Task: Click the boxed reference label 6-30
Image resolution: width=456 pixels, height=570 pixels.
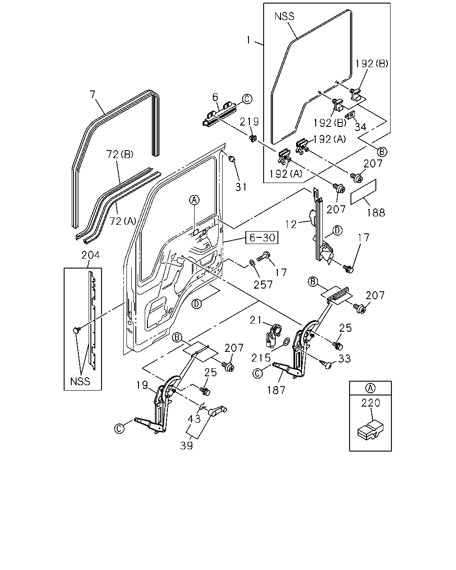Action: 261,237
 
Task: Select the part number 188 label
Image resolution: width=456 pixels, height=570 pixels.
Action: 376,212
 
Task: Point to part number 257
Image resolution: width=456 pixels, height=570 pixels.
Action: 263,285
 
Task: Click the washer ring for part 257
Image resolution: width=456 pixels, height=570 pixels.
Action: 252,263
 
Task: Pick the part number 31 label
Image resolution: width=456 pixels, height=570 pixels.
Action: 241,187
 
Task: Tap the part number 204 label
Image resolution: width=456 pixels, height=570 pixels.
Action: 90,255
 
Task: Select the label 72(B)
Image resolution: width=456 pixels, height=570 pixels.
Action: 120,155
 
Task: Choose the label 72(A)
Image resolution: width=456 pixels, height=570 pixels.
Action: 122,221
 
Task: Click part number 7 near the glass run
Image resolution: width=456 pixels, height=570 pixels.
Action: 92,94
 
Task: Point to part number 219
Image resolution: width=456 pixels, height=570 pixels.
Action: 249,122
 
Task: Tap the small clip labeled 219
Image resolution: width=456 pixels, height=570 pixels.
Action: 253,138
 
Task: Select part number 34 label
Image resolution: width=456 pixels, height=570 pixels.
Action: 360,127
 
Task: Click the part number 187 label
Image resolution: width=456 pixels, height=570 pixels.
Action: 276,390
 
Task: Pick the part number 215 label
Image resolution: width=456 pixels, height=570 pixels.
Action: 261,358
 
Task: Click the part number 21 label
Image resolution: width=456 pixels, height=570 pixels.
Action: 256,321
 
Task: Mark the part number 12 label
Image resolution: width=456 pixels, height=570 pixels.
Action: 291,224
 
